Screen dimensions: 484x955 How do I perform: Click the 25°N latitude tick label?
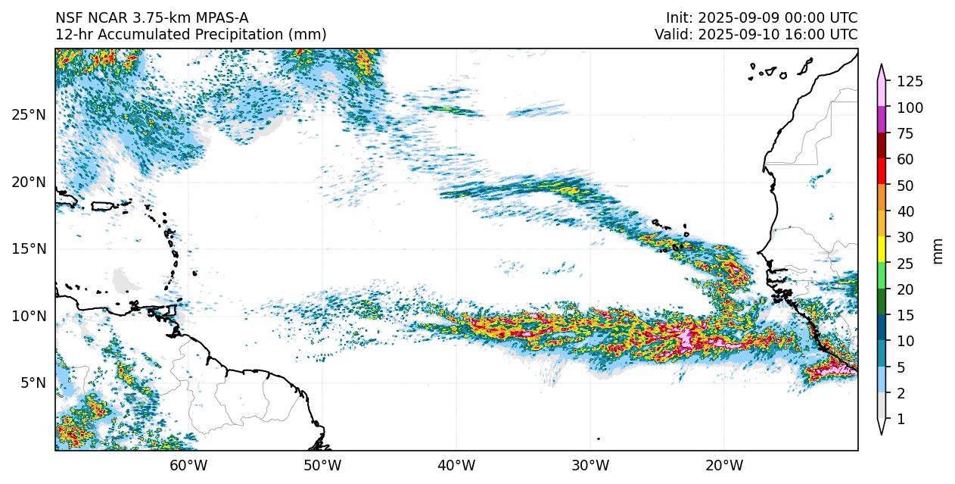(x=29, y=115)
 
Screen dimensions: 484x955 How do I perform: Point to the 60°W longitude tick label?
(x=188, y=465)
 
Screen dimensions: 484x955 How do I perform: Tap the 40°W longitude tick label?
(x=456, y=465)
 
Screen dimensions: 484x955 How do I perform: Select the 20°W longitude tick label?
(x=724, y=465)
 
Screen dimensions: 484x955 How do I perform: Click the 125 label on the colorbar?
(x=910, y=82)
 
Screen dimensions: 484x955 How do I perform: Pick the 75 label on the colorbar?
(x=906, y=133)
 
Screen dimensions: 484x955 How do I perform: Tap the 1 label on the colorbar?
(x=901, y=419)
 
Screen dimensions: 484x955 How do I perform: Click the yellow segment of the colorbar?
(x=882, y=249)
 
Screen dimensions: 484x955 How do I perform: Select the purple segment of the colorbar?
(x=882, y=120)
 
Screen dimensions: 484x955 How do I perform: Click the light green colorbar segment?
(x=882, y=276)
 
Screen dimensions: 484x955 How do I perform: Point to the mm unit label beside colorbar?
(x=938, y=251)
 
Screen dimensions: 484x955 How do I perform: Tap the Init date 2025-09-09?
(x=735, y=17)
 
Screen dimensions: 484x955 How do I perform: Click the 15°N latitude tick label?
(x=29, y=249)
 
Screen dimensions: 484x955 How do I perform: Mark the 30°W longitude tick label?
(x=590, y=465)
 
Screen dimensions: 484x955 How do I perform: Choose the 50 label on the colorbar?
(x=906, y=186)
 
